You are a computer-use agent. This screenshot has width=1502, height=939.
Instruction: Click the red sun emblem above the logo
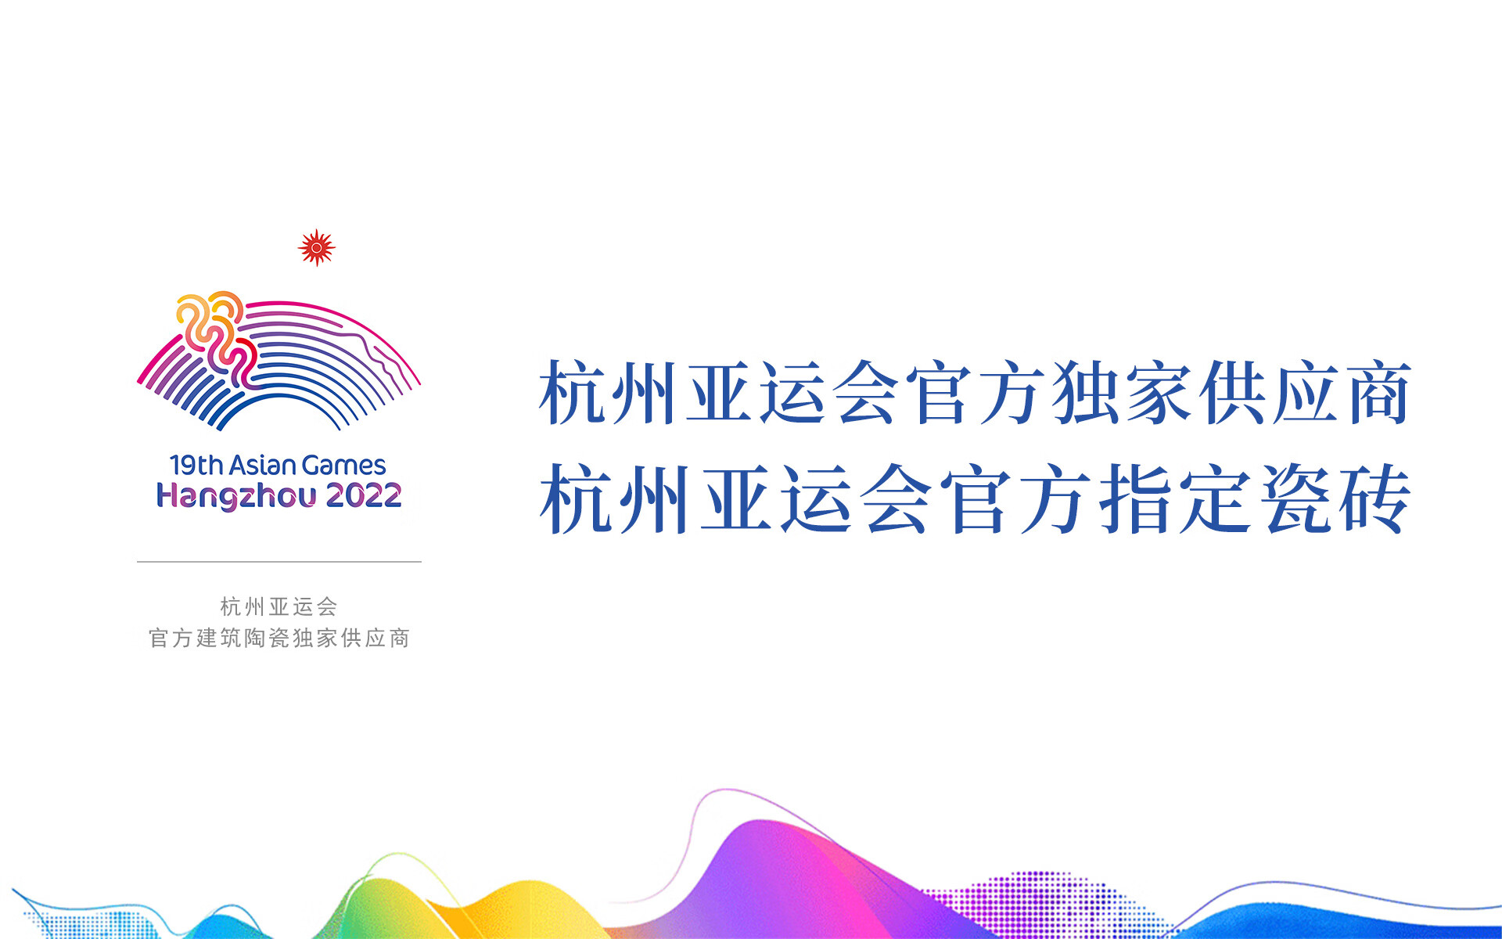click(317, 248)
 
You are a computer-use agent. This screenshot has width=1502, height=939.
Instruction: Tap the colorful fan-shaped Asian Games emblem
click(278, 361)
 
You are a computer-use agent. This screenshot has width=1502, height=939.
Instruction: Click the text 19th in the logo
click(196, 466)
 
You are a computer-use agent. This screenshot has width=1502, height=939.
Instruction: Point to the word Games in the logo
click(343, 466)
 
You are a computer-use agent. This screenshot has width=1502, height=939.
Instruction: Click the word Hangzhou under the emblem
click(236, 496)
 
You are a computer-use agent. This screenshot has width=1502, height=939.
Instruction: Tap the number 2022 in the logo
click(364, 495)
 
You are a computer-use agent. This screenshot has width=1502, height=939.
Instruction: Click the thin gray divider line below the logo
click(279, 562)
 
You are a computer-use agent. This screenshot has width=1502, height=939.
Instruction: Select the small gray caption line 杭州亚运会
click(278, 606)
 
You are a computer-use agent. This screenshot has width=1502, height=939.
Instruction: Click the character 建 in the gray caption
click(207, 639)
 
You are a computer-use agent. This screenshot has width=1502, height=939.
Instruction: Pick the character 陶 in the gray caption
click(255, 639)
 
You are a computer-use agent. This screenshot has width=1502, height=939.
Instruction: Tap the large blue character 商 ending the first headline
click(1378, 393)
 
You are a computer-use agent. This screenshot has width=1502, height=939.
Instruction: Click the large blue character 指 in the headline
click(1134, 498)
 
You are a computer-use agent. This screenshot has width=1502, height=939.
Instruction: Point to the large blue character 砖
click(1374, 498)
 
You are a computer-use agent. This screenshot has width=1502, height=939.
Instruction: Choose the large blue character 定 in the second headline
click(1215, 498)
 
